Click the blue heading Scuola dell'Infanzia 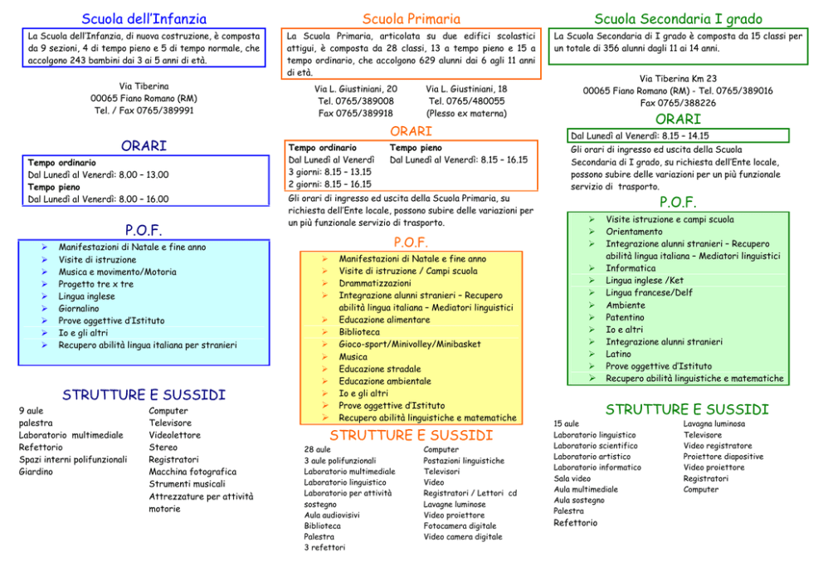pos(144,19)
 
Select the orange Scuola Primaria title pos(411,19)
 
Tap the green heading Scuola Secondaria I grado pos(678,19)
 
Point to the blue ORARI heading pos(144,145)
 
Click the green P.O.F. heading pos(678,203)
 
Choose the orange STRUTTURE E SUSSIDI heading pos(411,435)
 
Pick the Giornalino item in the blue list pos(79,309)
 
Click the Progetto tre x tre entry pos(96,284)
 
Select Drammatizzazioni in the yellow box pos(375,283)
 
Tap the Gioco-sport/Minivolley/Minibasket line pos(409,344)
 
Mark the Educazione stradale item pos(379,369)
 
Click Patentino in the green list pos(625,317)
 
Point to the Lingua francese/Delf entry pos(649,292)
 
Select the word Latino pos(618,354)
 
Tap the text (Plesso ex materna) pos(466,114)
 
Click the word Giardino pos(36,472)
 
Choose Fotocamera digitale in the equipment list pos(460,526)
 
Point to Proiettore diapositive pos(723,457)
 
